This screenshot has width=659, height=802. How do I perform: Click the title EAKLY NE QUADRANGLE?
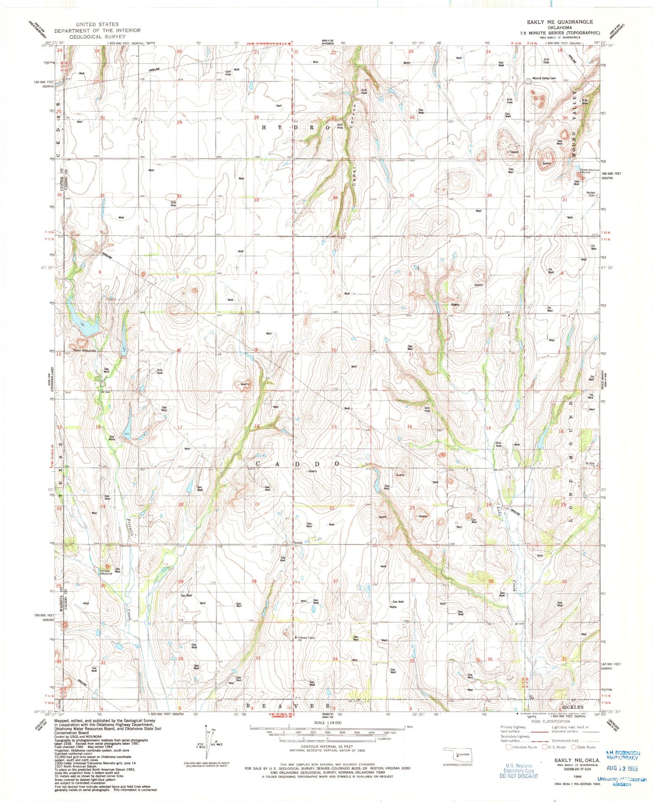pyautogui.click(x=560, y=22)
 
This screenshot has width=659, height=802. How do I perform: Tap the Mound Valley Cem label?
pyautogui.click(x=544, y=78)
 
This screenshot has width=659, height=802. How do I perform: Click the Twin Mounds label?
pyautogui.click(x=84, y=350)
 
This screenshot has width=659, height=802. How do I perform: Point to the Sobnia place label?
pyautogui.click(x=298, y=543)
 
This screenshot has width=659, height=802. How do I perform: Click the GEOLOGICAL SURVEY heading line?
pyautogui.click(x=97, y=36)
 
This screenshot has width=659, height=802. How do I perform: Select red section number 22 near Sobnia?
pyautogui.click(x=332, y=508)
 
